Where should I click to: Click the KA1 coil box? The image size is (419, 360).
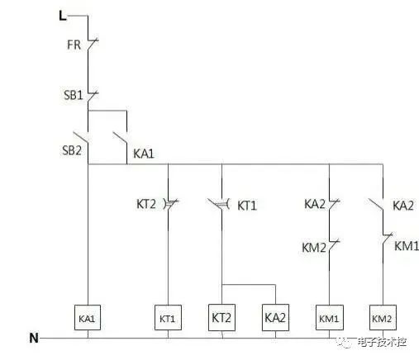click(88, 317)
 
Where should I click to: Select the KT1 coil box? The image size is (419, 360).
click(168, 317)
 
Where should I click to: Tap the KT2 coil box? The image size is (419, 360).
click(221, 317)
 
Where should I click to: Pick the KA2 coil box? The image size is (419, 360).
click(275, 317)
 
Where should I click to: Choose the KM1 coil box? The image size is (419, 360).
click(330, 317)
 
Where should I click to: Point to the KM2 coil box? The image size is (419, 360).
click(383, 317)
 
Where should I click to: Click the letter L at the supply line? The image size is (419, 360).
click(63, 16)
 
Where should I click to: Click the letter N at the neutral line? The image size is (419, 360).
click(34, 338)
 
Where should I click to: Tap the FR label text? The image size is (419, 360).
click(74, 45)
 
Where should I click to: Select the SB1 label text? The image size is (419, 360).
click(74, 95)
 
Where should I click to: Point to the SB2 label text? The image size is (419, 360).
click(72, 150)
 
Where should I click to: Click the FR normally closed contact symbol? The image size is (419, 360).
click(92, 45)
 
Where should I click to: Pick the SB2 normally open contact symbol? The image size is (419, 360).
click(81, 138)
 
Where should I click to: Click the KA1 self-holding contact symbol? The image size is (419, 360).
click(121, 138)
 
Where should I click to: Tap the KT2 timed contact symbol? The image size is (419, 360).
click(171, 204)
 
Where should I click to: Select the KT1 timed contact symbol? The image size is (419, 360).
click(219, 204)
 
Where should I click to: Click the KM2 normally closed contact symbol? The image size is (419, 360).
click(333, 245)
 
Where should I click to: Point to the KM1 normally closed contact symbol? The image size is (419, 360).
click(387, 239)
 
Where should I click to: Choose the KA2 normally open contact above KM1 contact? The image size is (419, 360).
click(376, 204)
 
